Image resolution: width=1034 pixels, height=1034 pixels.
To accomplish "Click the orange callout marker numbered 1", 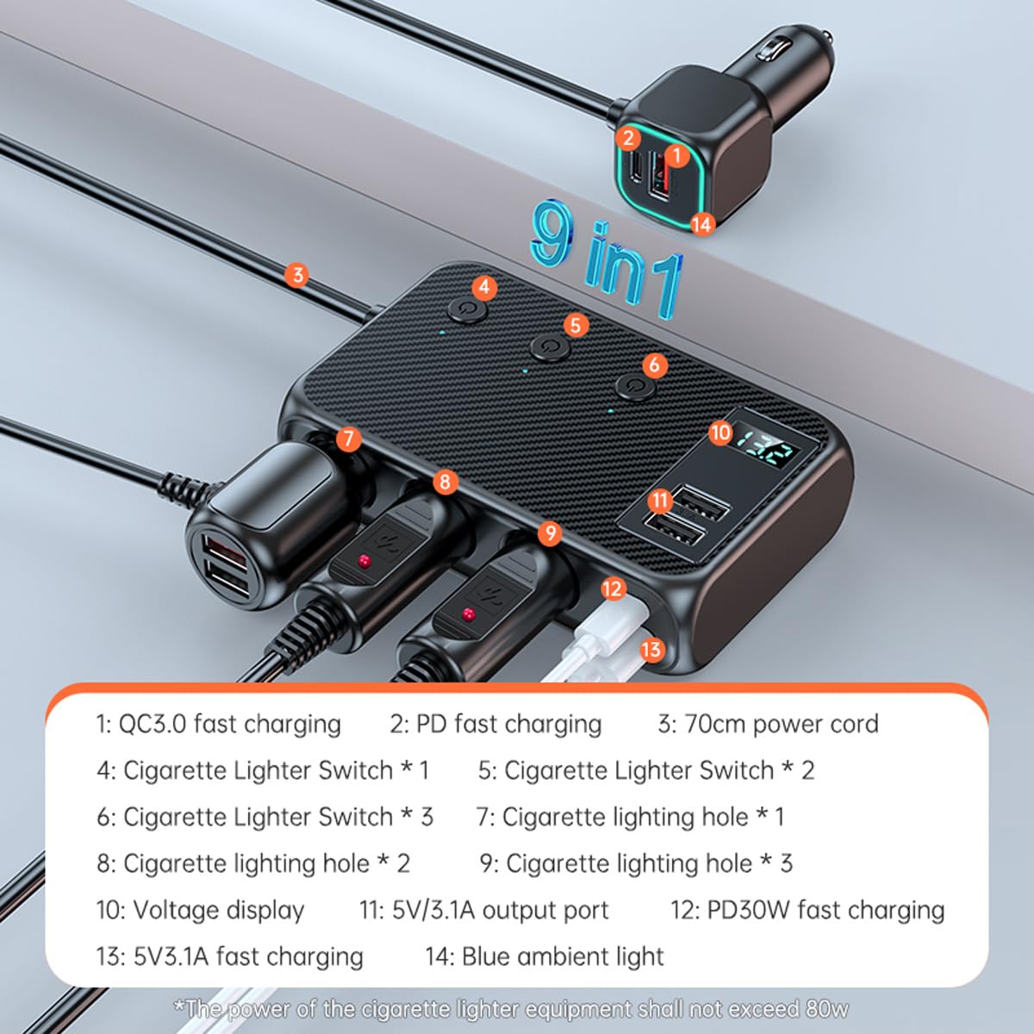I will coord(677,155).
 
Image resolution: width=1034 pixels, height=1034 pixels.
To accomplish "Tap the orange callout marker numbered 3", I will coord(297,275).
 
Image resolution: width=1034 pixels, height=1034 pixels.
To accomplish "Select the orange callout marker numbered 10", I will coord(720,433).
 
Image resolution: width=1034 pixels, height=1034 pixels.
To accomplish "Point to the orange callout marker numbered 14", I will coord(702,224).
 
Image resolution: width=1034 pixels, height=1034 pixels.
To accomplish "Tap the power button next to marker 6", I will coord(634,385).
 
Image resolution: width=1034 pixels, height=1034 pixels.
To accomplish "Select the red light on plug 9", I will coord(469,614).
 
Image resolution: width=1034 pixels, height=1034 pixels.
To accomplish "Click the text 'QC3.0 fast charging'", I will coord(229,724).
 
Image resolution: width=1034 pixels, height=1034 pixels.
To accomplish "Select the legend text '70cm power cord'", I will coord(781,724).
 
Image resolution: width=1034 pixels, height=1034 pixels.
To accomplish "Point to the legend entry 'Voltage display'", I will coord(219,910).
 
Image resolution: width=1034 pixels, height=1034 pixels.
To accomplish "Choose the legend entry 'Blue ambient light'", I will coord(563,956).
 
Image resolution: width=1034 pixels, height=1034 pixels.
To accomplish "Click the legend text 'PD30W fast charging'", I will coord(825,910).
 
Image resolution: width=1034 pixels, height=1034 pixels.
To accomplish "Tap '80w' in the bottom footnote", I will coord(827,1008).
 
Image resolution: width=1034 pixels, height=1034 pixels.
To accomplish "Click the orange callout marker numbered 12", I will coord(612,589).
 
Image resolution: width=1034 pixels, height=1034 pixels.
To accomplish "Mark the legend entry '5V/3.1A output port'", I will coord(500,910).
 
